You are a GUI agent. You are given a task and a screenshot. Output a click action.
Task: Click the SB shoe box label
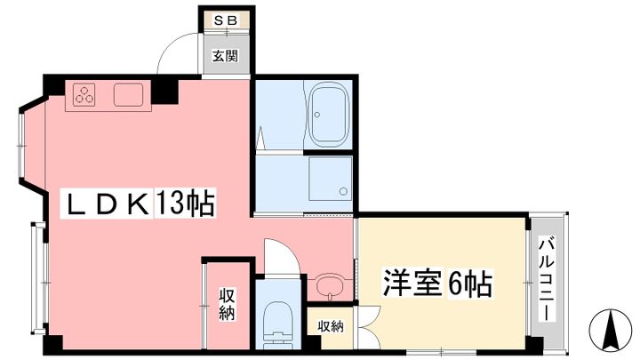tap(226, 20)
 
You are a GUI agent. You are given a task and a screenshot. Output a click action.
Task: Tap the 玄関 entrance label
tap(225, 56)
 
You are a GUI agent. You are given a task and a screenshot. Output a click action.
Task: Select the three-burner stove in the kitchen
tap(84, 94)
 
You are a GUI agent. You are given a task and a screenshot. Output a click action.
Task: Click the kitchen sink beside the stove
tap(128, 95)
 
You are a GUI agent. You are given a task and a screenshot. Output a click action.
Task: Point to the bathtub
tap(329, 115)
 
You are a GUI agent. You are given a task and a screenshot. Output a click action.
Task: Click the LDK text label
tap(108, 204)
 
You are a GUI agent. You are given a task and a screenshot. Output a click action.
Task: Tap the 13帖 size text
tap(185, 203)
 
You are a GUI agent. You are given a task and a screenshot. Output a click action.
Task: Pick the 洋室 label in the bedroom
tap(412, 283)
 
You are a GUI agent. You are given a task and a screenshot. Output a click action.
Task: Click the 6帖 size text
tap(470, 284)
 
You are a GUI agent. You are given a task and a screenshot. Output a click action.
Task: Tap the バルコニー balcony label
tap(546, 279)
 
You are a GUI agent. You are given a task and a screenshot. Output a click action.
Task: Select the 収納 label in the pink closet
tap(226, 304)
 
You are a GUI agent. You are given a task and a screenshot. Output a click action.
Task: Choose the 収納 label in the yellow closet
tap(330, 326)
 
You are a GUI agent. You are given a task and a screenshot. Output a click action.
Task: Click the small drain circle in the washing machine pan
tap(343, 191)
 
